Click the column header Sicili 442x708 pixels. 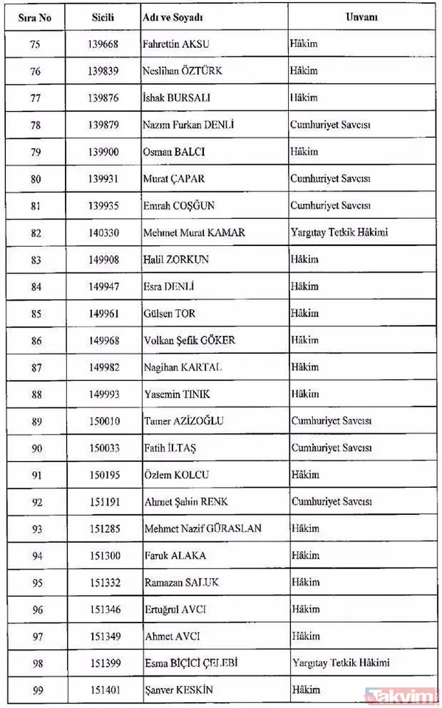click(103, 16)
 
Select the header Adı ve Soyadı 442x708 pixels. click(174, 16)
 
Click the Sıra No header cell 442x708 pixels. click(35, 16)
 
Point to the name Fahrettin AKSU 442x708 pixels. click(176, 43)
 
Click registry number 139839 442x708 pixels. click(103, 71)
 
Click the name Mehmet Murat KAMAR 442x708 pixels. click(194, 233)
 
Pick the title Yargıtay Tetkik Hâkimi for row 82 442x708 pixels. click(339, 233)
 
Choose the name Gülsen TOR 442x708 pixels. click(169, 313)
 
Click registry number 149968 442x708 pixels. click(103, 340)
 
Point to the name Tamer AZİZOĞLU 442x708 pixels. click(183, 421)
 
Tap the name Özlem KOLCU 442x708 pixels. click(174, 474)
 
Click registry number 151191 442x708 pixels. click(103, 502)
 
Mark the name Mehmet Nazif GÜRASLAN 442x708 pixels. click(203, 529)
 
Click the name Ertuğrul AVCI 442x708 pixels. click(172, 609)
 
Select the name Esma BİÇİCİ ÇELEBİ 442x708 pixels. click(190, 663)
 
